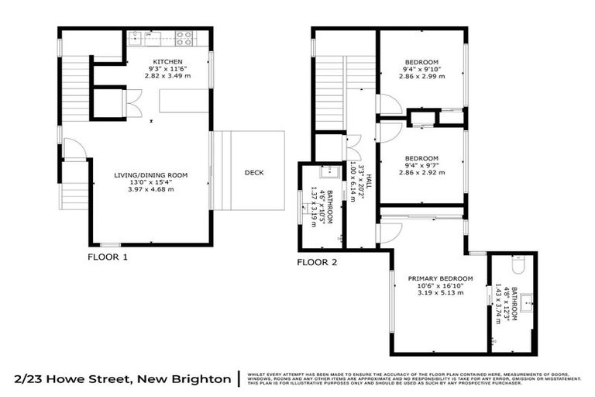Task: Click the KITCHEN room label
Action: [167, 60]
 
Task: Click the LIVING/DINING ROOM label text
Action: [151, 175]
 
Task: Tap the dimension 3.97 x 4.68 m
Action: [151, 189]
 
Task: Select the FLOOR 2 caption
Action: [317, 262]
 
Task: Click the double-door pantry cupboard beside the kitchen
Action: [132, 103]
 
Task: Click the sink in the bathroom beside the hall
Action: [330, 172]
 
